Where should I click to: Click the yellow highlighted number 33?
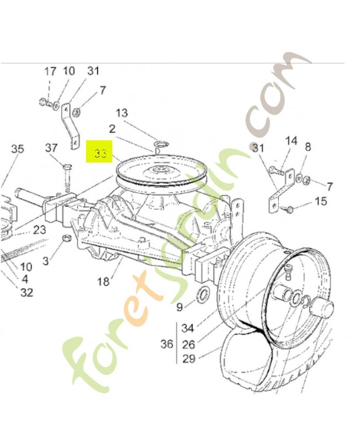[x=100, y=152]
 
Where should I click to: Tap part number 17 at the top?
[x=50, y=71]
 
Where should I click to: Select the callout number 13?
[x=121, y=113]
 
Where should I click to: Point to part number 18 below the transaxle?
[x=103, y=282]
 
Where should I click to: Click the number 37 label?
[x=51, y=148]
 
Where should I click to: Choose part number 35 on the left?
[x=18, y=149]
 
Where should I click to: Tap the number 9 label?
[x=179, y=307]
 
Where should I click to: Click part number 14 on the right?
[x=291, y=141]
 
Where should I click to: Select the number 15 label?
[x=321, y=202]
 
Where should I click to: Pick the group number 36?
[x=166, y=344]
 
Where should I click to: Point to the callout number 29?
[x=188, y=359]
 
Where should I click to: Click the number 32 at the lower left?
[x=27, y=292]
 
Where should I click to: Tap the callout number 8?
[x=308, y=147]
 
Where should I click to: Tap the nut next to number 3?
[x=65, y=239]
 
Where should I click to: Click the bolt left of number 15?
[x=288, y=209]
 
